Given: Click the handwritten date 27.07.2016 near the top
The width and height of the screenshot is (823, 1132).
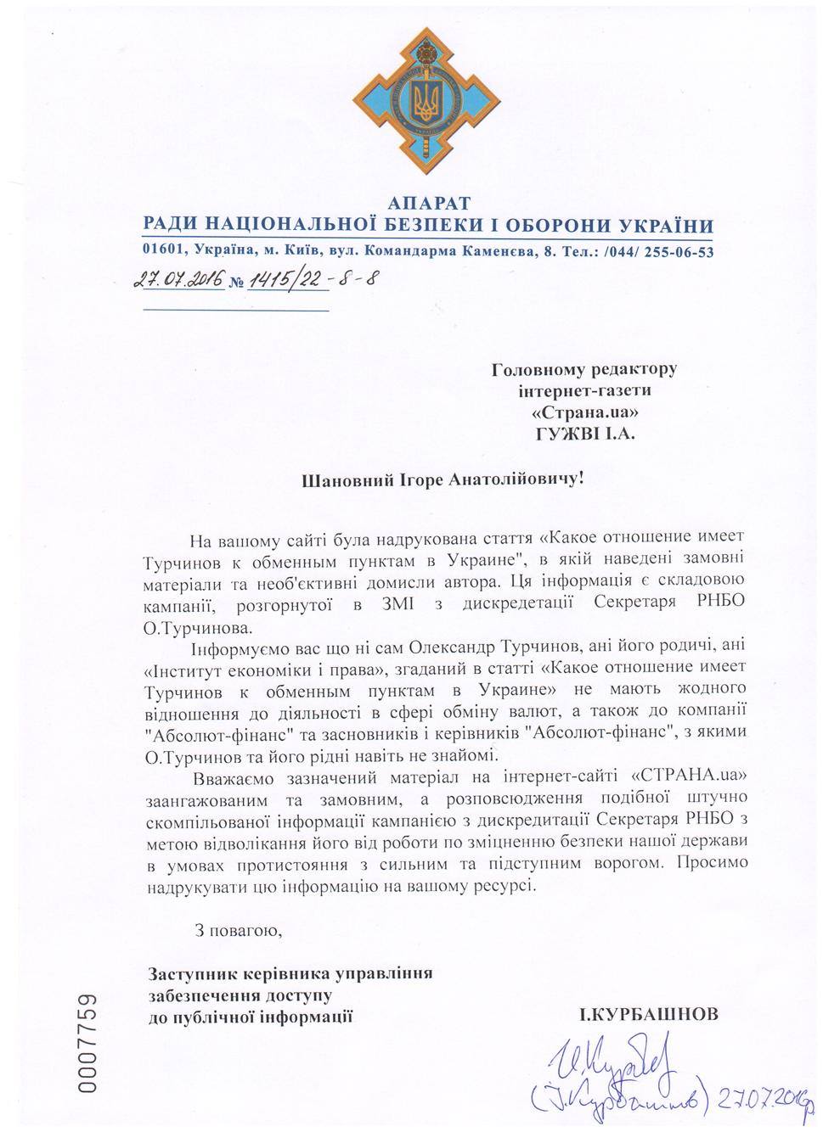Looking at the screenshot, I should click(x=178, y=280).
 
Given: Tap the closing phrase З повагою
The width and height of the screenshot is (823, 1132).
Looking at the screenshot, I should click(x=237, y=931).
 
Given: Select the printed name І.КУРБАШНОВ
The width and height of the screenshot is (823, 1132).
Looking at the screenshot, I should click(x=648, y=1014).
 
